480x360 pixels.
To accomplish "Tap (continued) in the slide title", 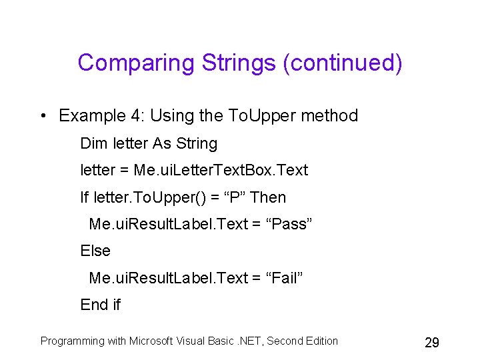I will coord(343,63).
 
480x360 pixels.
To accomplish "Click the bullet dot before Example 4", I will coord(42,116).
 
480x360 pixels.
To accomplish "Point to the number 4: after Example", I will coord(138,116).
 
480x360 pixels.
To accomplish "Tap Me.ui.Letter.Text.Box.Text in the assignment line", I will coord(221,170).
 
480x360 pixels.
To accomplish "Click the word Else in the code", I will coord(95,251).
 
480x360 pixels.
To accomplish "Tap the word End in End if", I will coord(93,305).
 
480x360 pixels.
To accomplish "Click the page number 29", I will coord(432,343).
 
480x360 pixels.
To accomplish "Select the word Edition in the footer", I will coord(320,341).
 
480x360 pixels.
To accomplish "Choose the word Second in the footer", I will coord(283,341).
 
